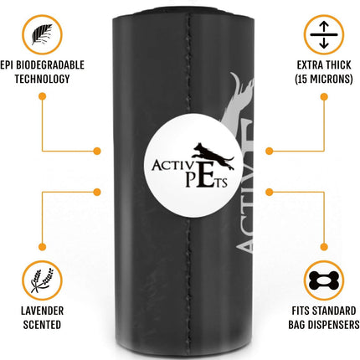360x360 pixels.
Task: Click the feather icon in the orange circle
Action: [x=42, y=34]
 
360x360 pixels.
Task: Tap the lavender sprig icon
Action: [x=42, y=280]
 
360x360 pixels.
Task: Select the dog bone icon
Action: [x=324, y=280]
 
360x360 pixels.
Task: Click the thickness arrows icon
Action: [x=324, y=35]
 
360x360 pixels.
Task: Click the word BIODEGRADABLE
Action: [x=50, y=65]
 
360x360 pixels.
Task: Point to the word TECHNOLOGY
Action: [x=42, y=79]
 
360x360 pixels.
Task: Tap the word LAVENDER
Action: [x=42, y=311]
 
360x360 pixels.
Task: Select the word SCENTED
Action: [x=42, y=325]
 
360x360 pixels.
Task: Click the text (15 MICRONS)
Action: [x=324, y=79]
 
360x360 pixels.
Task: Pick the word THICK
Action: [x=337, y=65]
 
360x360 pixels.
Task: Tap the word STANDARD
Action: [x=334, y=311]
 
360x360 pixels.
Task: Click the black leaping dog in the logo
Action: [x=213, y=157]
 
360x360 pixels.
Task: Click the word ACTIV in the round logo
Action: [x=172, y=165]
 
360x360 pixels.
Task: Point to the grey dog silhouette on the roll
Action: [x=239, y=103]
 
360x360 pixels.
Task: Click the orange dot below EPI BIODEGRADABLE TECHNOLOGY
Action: [x=43, y=96]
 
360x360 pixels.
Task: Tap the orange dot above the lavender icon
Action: [x=42, y=247]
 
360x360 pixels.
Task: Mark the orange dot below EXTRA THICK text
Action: [x=324, y=97]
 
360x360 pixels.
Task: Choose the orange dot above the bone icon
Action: [x=324, y=247]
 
